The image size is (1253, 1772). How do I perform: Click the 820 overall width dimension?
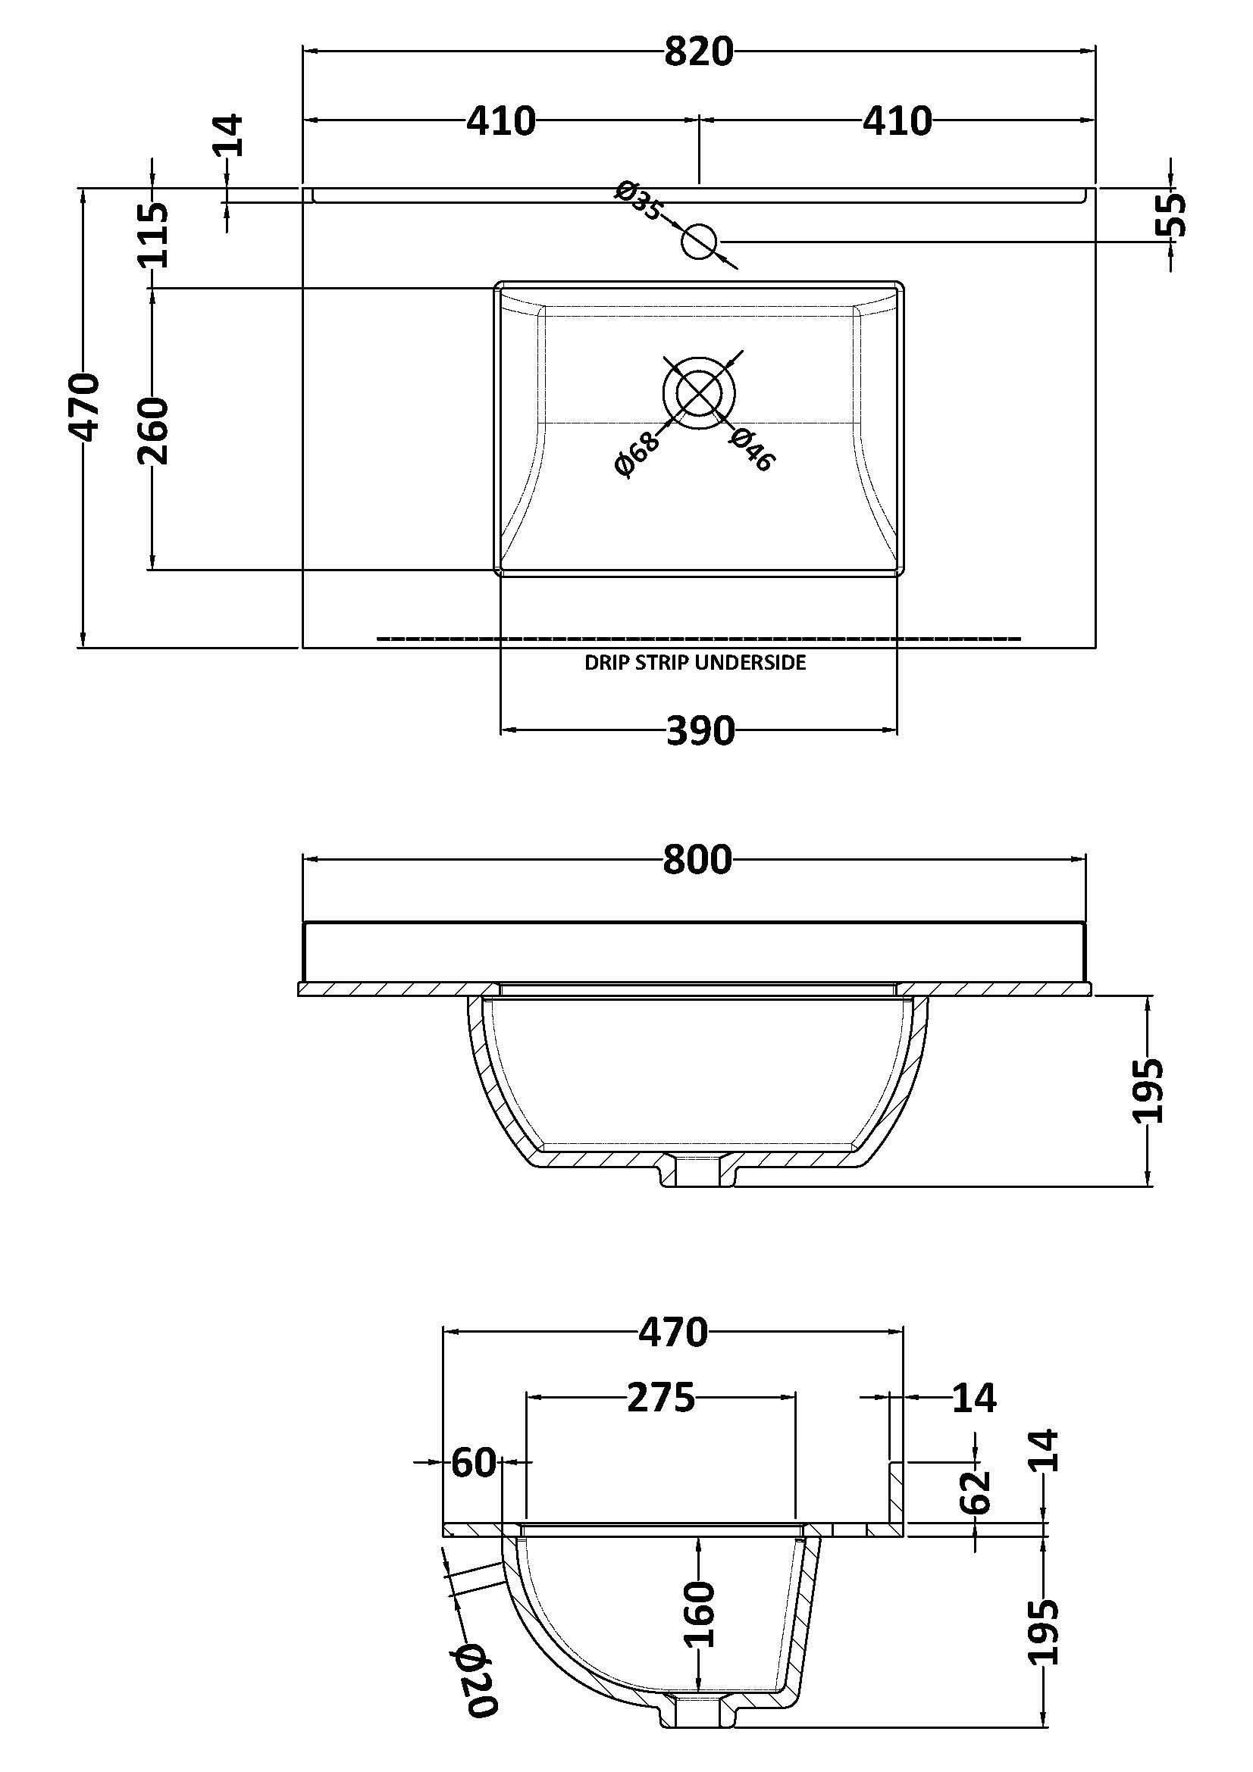(698, 52)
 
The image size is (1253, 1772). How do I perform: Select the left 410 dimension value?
(500, 122)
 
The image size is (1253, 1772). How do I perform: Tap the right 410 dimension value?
(897, 122)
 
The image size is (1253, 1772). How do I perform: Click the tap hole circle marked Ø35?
(700, 242)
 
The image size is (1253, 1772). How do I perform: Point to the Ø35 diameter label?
(638, 200)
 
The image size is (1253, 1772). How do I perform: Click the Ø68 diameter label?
(637, 455)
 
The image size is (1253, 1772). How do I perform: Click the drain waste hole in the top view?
(700, 393)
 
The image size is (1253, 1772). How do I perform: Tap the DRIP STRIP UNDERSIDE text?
(695, 663)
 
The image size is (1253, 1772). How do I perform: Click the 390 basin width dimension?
(700, 731)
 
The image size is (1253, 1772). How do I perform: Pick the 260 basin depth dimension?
(153, 430)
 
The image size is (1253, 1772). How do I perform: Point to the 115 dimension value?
(153, 235)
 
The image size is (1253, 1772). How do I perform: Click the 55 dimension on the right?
(1170, 214)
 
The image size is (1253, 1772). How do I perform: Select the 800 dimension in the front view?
(697, 860)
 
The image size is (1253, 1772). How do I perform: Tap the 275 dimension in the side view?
(661, 1398)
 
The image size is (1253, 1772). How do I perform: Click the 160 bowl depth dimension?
(699, 1614)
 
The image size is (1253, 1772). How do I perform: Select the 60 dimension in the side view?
(472, 1462)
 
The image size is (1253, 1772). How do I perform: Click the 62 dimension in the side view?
(976, 1492)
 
